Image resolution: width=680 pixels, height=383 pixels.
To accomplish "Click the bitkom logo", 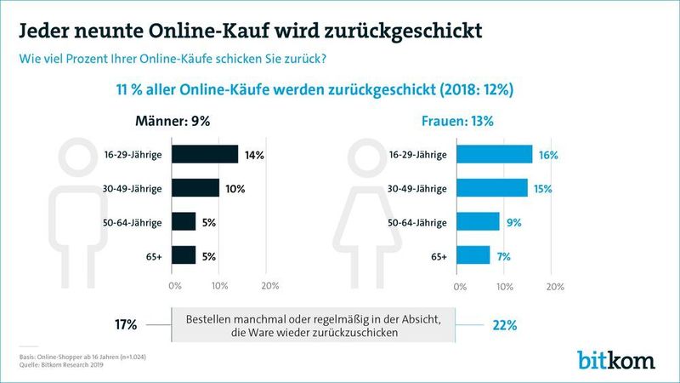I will click(616, 358).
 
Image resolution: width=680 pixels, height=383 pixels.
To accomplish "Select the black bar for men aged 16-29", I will click(205, 154).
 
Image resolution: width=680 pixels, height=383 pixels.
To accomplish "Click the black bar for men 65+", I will click(184, 254).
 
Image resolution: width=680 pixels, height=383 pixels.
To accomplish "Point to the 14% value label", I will click(255, 155).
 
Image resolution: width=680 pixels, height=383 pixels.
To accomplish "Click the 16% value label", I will click(547, 155).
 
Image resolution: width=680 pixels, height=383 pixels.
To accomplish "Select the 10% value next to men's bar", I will click(235, 188).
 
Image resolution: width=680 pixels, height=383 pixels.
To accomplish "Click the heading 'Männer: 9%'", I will click(173, 121).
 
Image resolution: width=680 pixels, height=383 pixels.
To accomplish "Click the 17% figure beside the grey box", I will click(126, 324).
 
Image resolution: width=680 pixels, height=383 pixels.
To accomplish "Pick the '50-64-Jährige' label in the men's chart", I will click(136, 221).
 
